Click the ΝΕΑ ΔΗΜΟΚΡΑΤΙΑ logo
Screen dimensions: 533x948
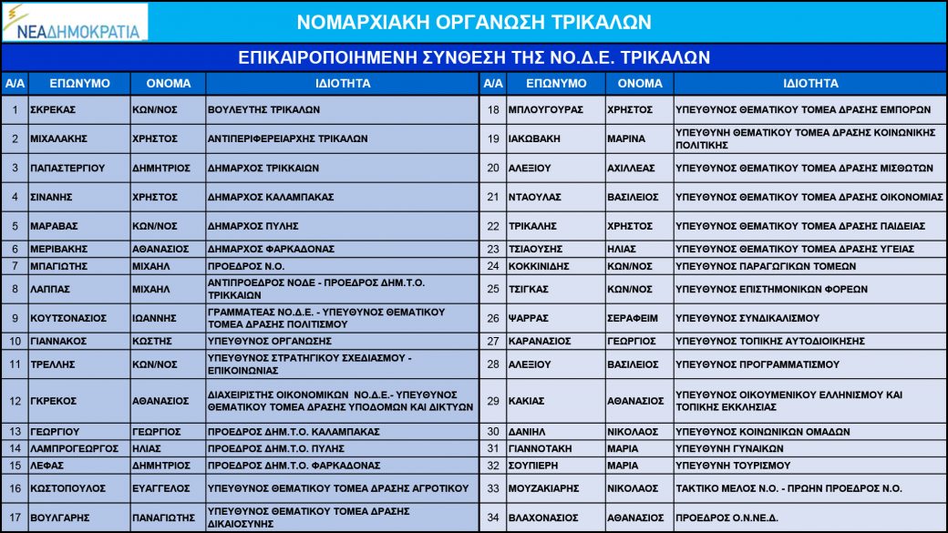(x=75, y=22)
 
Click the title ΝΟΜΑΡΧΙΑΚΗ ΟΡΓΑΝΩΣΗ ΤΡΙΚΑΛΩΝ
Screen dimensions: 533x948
(x=474, y=22)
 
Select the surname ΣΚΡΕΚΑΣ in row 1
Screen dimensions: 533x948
(x=52, y=109)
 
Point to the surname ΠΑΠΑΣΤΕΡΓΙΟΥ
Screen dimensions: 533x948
(x=67, y=168)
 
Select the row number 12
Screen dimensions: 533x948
(x=15, y=401)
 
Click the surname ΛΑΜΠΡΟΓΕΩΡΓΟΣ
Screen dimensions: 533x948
(x=74, y=448)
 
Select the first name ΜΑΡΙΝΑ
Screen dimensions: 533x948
(x=626, y=138)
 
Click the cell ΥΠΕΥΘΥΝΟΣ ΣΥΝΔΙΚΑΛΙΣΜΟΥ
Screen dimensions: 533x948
(x=735, y=318)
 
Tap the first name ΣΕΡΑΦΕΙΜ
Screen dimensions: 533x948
(x=632, y=318)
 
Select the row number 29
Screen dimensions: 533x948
(x=493, y=401)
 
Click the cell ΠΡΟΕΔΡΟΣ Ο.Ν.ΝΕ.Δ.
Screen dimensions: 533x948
(x=726, y=518)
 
